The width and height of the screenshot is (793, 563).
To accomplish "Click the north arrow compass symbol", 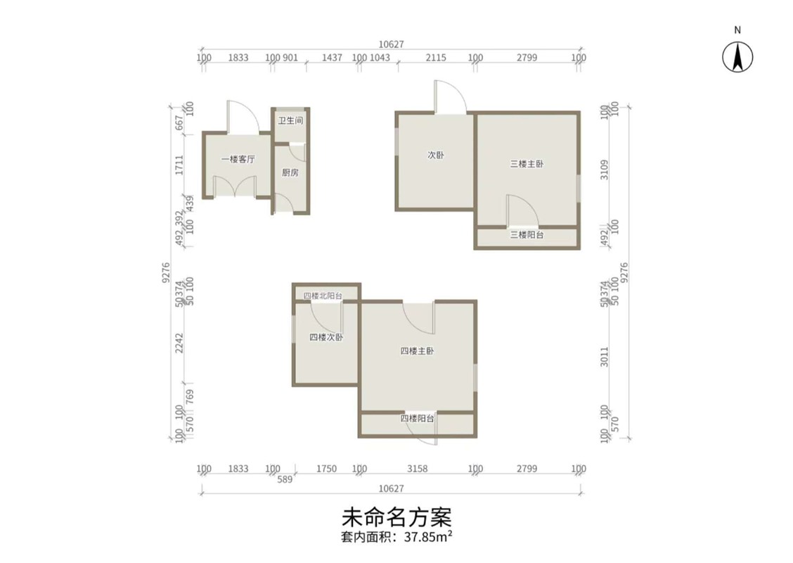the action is click(x=737, y=56).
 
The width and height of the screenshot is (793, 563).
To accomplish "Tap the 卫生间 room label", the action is click(x=290, y=120).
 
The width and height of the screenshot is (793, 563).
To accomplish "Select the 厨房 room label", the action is click(x=290, y=172).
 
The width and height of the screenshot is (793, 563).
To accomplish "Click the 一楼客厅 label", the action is click(x=238, y=159).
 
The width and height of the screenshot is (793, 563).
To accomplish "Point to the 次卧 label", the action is click(x=435, y=155).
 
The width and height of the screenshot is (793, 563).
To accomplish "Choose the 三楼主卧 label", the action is click(x=527, y=163).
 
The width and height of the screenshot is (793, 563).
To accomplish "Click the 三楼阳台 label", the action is click(x=527, y=234).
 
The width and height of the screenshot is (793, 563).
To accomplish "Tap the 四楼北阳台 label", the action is click(x=323, y=296).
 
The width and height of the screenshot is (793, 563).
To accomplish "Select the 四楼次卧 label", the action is click(x=326, y=336).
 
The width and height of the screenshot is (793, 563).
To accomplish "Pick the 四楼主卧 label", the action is click(x=417, y=351).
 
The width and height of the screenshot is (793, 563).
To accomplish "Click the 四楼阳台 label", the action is click(x=417, y=418).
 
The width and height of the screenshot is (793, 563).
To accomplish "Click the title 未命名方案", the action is click(x=396, y=517).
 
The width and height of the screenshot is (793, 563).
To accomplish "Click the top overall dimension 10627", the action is click(x=392, y=44).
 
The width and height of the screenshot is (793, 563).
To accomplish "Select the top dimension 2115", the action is click(x=436, y=58).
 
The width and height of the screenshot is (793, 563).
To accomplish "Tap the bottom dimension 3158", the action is click(x=417, y=469).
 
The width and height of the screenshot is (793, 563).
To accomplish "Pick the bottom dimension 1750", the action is click(x=326, y=469).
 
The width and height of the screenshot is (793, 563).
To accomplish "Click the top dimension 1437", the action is click(x=333, y=58).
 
